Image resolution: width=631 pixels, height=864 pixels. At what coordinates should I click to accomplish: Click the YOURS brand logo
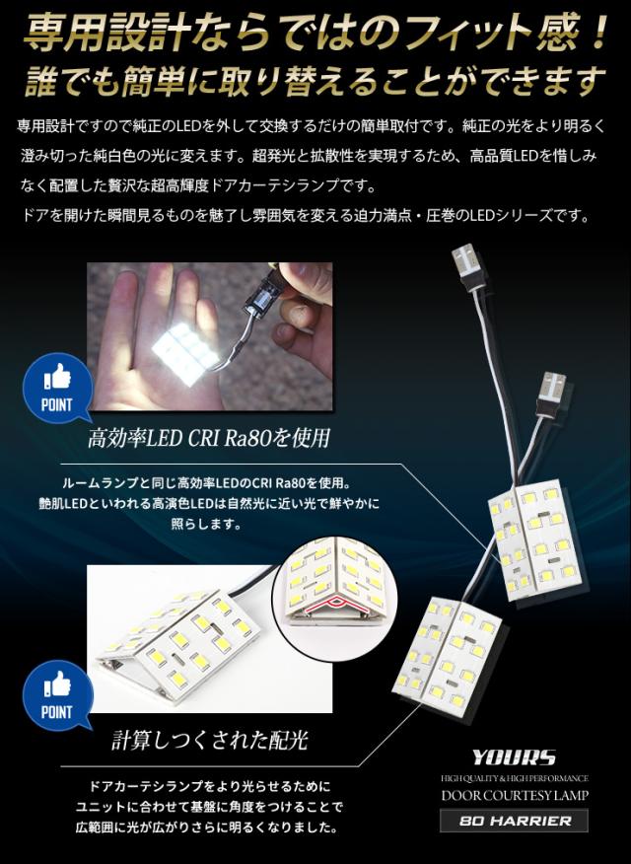click(x=513, y=757)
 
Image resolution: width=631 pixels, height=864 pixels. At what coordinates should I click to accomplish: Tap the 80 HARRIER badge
click(x=515, y=821)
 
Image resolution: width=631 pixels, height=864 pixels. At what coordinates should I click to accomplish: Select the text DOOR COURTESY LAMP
click(x=515, y=795)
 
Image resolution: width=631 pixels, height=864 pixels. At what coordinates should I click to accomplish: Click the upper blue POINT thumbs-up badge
click(x=57, y=390)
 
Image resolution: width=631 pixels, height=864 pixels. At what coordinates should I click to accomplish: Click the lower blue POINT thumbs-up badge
click(x=57, y=696)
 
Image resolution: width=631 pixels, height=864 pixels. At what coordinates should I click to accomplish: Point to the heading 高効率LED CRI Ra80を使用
click(x=209, y=438)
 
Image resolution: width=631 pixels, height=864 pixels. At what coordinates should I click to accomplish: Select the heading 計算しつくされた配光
click(x=209, y=740)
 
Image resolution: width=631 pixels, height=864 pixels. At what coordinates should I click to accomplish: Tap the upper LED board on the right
click(x=538, y=541)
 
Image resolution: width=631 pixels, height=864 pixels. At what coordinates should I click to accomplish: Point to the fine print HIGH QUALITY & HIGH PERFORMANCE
click(x=515, y=778)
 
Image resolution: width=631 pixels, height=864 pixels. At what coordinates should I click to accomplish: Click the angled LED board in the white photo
click(x=177, y=641)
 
